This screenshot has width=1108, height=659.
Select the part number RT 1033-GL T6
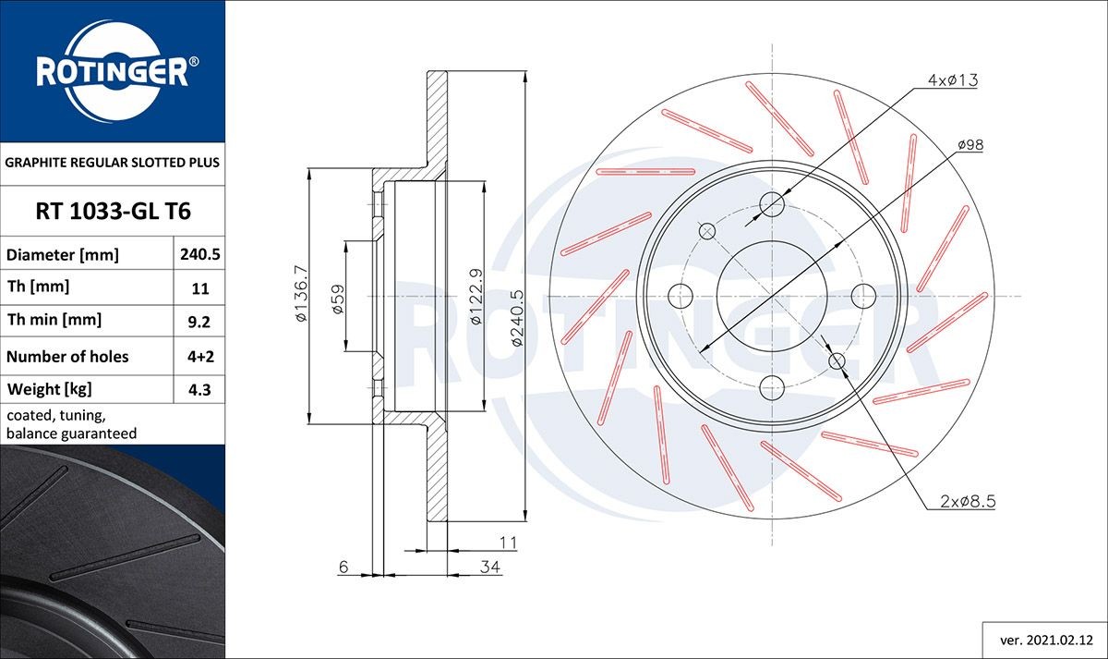113,212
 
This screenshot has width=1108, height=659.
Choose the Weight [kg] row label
49,389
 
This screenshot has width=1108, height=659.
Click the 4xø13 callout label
953,80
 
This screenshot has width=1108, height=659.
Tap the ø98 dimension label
969,145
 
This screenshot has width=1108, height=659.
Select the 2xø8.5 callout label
968,502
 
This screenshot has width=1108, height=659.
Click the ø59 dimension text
338,299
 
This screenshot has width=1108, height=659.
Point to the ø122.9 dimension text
476,296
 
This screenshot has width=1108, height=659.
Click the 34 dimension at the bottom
490,567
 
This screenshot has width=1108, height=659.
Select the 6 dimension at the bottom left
343,567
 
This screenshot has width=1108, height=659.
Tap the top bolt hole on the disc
772,204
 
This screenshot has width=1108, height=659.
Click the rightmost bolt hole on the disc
862,296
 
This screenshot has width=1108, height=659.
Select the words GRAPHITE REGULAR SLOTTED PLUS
113,162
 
